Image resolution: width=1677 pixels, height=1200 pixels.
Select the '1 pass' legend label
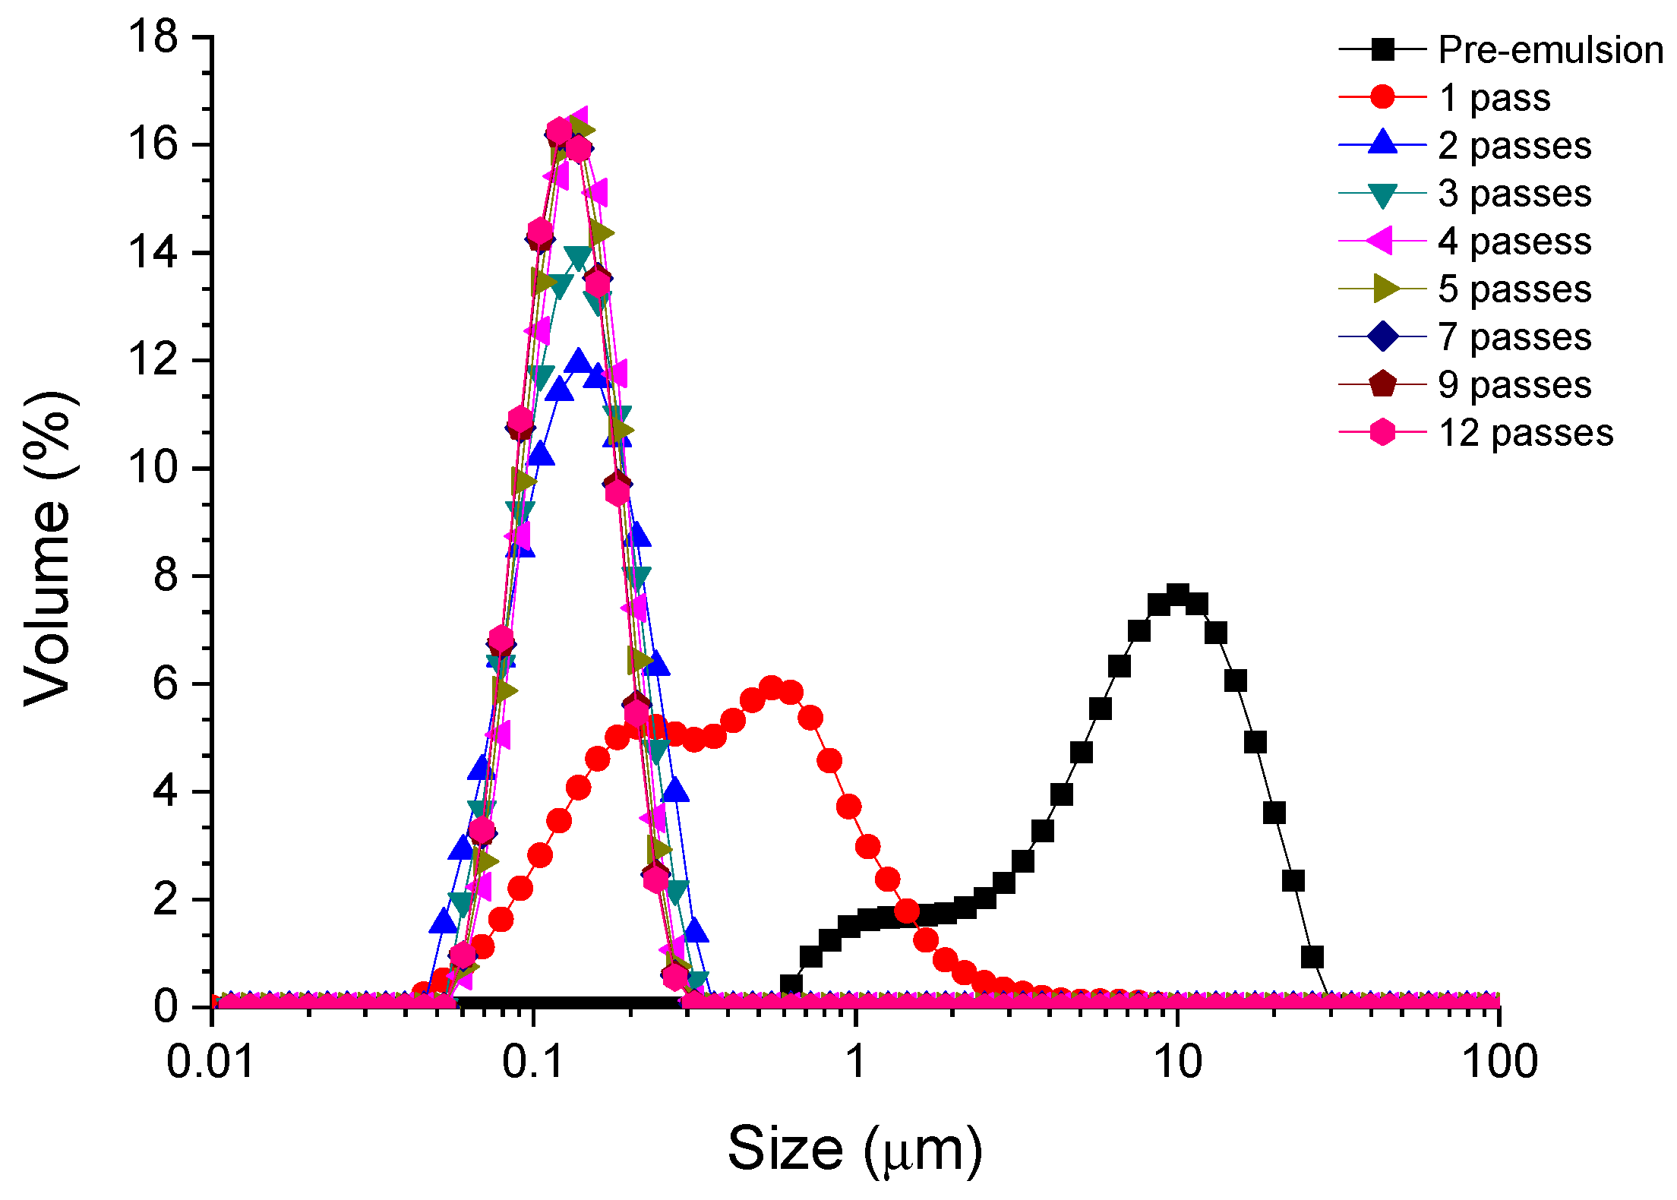click(1494, 98)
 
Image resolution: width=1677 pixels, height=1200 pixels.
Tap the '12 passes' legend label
click(1525, 433)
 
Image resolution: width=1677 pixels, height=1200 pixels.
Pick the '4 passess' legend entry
click(1514, 242)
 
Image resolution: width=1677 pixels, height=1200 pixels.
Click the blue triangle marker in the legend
click(1382, 144)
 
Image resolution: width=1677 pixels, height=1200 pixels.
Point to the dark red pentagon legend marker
click(1382, 384)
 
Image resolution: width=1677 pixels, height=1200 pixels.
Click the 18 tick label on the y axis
click(153, 36)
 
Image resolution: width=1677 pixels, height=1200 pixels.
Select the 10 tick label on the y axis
click(153, 467)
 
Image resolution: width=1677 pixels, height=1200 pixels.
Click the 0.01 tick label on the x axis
click(210, 1062)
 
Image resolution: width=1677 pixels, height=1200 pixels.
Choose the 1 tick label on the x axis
click(856, 1062)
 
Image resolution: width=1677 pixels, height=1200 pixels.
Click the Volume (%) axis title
click(49, 548)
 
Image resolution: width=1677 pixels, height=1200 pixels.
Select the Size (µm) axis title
click(855, 1149)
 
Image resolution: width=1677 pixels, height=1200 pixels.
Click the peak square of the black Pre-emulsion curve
click(1177, 595)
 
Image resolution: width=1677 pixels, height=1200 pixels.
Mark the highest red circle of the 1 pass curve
click(772, 689)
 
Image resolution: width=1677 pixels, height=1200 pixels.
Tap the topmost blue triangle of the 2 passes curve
click(579, 360)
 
